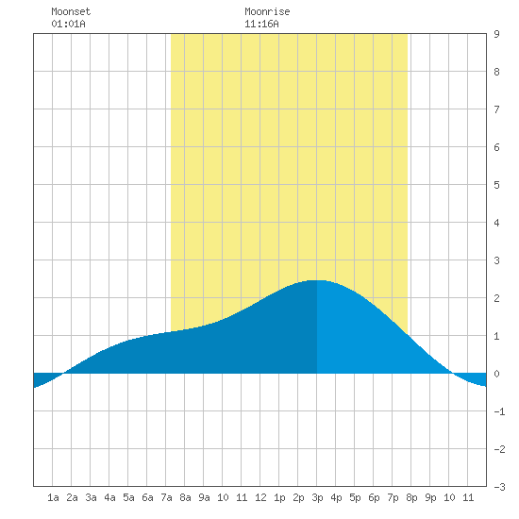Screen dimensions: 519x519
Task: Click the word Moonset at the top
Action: tap(71, 11)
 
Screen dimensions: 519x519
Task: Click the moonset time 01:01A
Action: tap(68, 24)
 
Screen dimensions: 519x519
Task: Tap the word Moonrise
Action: tap(267, 11)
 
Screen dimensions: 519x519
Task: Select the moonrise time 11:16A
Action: tap(261, 24)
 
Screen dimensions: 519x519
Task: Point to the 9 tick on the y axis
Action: tap(496, 34)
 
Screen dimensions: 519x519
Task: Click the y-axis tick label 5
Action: tap(496, 185)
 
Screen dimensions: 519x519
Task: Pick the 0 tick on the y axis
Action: tap(496, 374)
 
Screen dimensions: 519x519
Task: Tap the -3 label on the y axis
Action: tap(499, 487)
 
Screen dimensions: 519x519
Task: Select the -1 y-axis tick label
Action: tap(499, 411)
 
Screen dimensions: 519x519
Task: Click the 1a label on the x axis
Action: tap(53, 497)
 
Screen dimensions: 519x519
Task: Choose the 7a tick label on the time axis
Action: tap(166, 497)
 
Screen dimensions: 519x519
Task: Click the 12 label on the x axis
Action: tap(260, 497)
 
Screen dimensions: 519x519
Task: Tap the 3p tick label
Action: tap(317, 497)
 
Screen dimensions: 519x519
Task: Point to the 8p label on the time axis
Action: tap(411, 497)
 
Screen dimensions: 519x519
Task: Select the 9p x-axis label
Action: tap(430, 497)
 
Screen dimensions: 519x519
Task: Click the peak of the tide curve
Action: tap(317, 280)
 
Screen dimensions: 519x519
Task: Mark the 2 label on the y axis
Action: tap(496, 298)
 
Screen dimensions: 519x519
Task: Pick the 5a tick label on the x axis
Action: tap(128, 497)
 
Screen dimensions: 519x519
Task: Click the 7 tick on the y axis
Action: tap(496, 109)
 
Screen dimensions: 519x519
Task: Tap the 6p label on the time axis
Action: tap(374, 497)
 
